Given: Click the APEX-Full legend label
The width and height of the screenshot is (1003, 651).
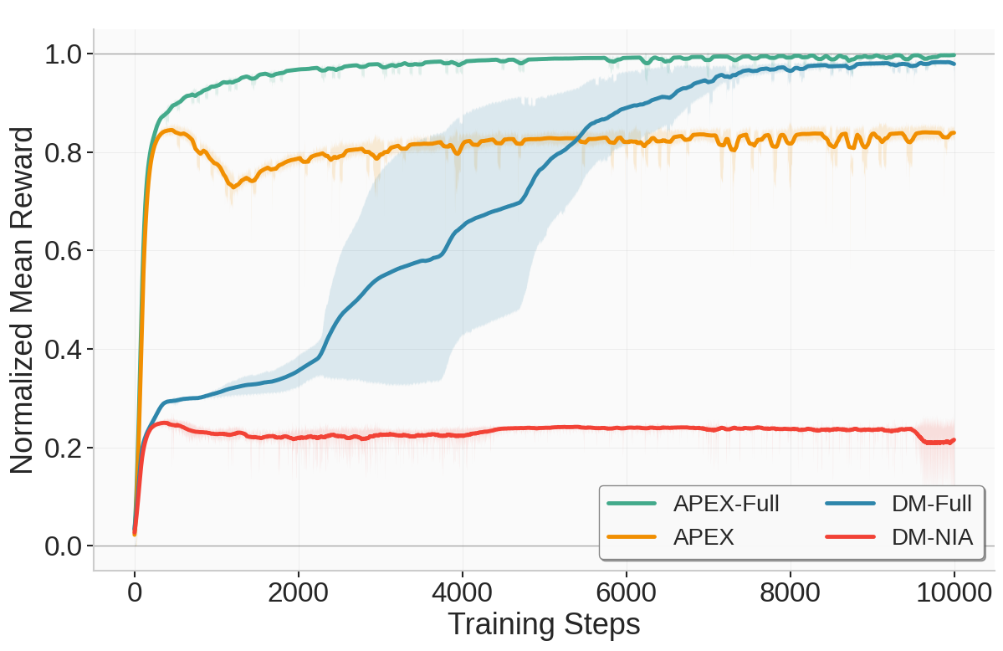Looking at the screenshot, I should (725, 504).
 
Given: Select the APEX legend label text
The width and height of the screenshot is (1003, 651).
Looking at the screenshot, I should (703, 538).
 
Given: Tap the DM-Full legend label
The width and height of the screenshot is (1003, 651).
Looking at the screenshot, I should (931, 504).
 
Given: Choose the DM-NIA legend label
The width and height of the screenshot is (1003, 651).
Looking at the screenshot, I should (932, 538).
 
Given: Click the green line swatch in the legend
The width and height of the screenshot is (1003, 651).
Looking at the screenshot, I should (633, 504).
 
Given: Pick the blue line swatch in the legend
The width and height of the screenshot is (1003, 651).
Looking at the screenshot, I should (852, 504).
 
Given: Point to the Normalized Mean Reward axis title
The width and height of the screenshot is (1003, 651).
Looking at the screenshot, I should (23, 300).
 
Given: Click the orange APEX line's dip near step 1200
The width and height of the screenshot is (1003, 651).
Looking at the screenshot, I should (233, 187).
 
